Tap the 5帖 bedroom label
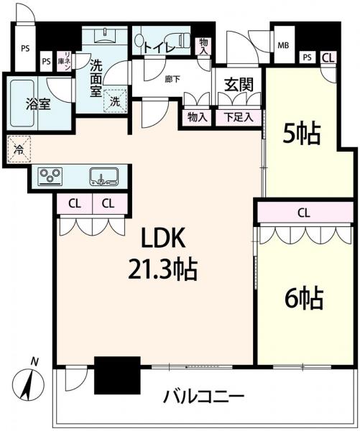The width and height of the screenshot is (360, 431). pos(302,134)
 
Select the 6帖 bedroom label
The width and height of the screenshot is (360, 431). pos(304,298)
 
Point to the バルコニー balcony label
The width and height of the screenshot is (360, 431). pos(204,397)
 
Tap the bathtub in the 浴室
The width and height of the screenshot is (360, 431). pos(22,103)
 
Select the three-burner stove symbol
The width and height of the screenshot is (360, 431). pos(50,176)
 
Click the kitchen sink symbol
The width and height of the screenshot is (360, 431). pos(104,177)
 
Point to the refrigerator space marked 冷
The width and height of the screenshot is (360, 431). pos(19,149)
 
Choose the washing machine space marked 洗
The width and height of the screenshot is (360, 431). pos(115,101)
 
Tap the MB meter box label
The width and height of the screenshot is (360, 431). pos(283,45)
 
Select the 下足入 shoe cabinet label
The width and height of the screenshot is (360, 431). pos(238,117)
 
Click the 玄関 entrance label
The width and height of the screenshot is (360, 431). pos(239,85)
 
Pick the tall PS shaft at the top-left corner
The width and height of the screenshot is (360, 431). pos(25,47)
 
